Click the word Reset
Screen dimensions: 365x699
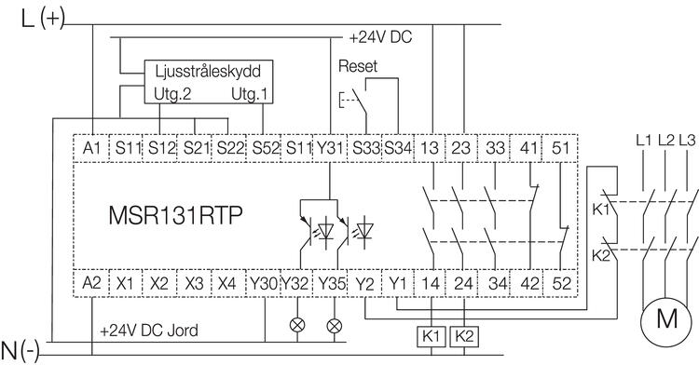pos(358,68)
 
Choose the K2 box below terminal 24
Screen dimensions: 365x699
pos(464,333)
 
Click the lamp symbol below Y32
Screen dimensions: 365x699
pos(298,325)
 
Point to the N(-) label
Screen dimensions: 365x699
pos(21,350)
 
